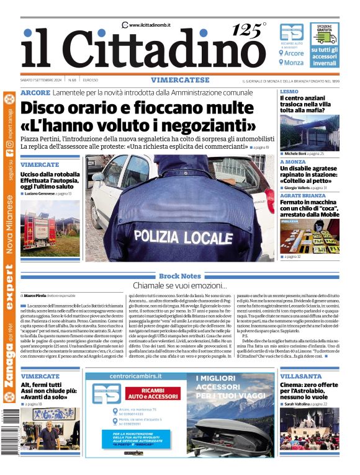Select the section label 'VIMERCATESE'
point(180,81)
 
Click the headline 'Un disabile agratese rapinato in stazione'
point(308,172)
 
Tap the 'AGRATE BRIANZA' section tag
point(305,196)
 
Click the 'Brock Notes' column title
point(179,276)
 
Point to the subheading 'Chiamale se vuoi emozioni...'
point(180,285)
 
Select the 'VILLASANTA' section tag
point(300,376)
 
